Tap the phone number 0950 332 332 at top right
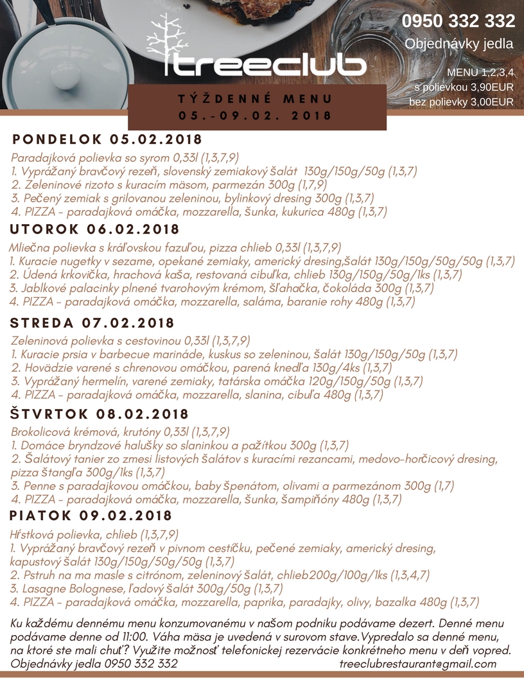[x=459, y=21]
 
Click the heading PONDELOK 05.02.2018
[x=107, y=139]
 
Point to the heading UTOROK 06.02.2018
[x=94, y=229]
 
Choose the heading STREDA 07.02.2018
[x=93, y=323]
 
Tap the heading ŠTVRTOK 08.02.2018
[x=100, y=414]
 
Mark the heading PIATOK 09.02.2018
[x=91, y=516]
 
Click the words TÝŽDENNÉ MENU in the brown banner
[x=256, y=100]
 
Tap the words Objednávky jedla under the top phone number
[x=459, y=44]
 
